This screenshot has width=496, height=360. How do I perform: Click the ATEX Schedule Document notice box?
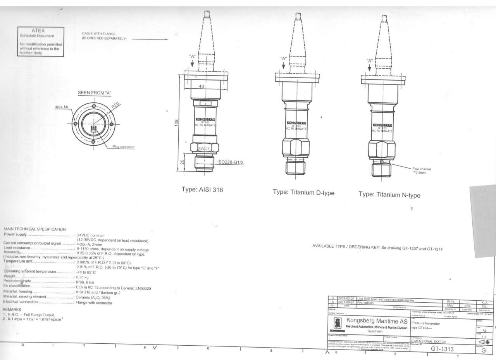click(x=41, y=42)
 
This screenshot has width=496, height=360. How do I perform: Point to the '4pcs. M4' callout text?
click(x=62, y=107)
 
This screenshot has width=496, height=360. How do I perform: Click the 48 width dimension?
click(x=201, y=87)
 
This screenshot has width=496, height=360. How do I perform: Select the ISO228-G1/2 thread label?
click(x=230, y=162)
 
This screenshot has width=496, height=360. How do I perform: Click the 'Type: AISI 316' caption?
click(x=202, y=190)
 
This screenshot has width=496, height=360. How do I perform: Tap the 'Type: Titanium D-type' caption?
click(x=303, y=193)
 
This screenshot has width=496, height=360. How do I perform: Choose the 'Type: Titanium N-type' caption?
click(x=389, y=195)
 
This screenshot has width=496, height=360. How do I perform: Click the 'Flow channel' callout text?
click(x=422, y=169)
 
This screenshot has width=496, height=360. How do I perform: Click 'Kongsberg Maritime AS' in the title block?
click(x=376, y=320)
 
